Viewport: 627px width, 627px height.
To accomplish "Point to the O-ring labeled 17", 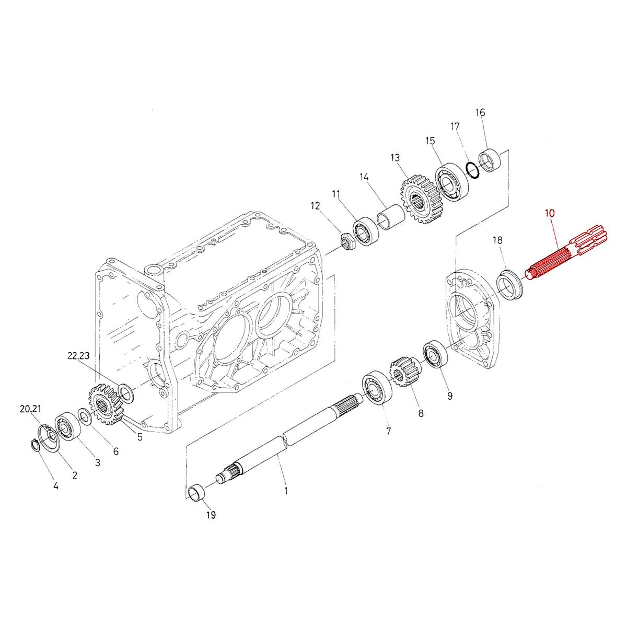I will [472, 170].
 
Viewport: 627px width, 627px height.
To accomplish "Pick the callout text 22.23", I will [78, 356].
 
